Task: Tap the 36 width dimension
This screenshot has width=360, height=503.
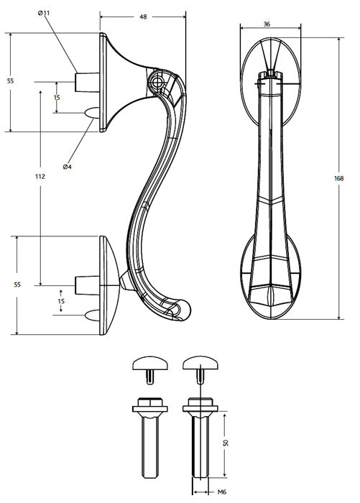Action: (267, 24)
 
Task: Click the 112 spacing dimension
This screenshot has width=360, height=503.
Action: (40, 177)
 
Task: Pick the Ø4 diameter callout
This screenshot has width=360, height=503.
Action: (67, 167)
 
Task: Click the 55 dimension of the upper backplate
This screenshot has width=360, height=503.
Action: (10, 82)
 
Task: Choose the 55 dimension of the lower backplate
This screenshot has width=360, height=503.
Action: (17, 285)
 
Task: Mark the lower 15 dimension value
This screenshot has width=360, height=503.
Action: (61, 301)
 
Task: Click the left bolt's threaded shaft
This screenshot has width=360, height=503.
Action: (149, 449)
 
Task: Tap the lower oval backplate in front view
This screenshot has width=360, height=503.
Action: (272, 277)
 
